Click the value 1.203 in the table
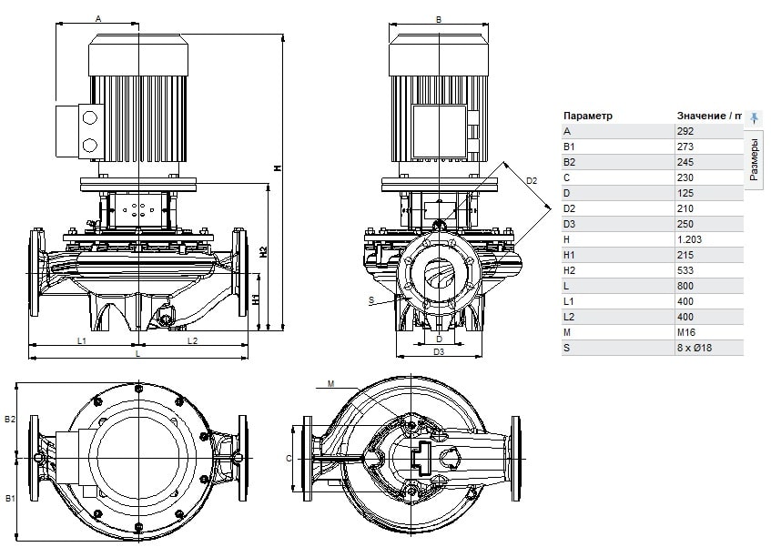[x=689, y=239]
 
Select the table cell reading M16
[x=686, y=332]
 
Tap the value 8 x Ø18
[x=695, y=348]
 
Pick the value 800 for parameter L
[x=685, y=286]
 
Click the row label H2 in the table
[x=569, y=270]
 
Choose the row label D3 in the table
[x=569, y=224]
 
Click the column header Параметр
[x=588, y=116]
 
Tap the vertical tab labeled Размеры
[x=754, y=159]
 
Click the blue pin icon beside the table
[x=754, y=118]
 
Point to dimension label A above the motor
[x=97, y=19]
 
